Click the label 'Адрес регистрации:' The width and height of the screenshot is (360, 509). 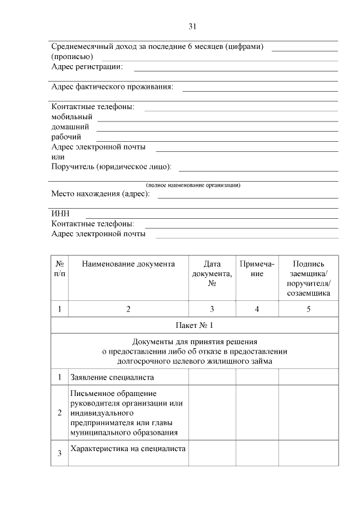tap(87, 67)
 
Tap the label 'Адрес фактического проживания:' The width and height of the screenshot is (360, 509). tap(112, 87)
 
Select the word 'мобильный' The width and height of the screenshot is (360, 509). tap(71, 116)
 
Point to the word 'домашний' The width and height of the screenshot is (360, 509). tap(70, 127)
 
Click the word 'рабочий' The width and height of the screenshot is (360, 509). tap(66, 137)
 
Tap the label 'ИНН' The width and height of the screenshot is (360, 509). tap(60, 214)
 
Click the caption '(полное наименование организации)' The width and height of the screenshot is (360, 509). tap(193, 185)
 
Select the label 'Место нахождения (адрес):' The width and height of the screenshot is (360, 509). tap(101, 194)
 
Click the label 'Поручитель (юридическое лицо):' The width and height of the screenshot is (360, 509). tap(111, 167)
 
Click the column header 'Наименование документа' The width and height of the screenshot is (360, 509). tap(128, 264)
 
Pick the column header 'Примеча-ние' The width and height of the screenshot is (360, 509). tap(257, 269)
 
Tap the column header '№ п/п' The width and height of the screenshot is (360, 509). tap(60, 269)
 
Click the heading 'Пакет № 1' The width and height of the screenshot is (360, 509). tap(195, 326)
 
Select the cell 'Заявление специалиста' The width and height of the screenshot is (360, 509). tap(112, 377)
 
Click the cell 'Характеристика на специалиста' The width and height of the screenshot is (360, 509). tap(128, 448)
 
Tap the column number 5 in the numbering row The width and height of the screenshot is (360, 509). tap(308, 309)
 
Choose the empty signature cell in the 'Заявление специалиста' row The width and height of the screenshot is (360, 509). tap(308, 377)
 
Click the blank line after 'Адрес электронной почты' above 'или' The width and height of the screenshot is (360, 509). tap(246, 150)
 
